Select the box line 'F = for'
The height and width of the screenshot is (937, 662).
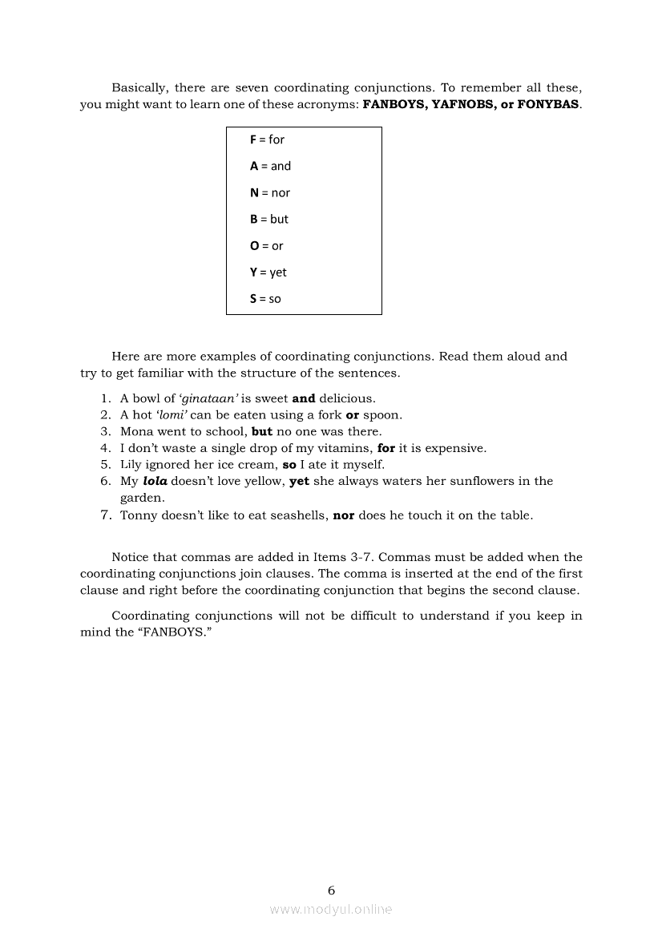point(267,139)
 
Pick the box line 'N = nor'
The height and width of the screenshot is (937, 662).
point(270,192)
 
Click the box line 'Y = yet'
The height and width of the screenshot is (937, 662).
point(268,273)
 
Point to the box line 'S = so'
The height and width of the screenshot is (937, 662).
point(265,299)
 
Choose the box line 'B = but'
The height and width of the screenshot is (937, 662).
point(268,219)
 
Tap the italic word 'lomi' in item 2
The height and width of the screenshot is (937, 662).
point(172,415)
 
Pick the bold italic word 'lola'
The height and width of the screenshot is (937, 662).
point(155,481)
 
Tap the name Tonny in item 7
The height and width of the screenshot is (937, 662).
point(138,515)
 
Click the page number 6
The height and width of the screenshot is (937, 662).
point(331,890)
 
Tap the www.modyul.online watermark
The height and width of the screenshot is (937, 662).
point(331,909)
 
